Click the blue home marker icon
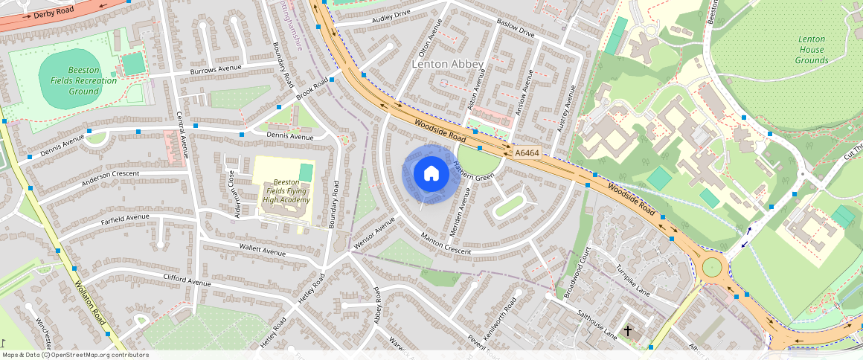tap(431, 174)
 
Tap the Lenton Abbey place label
tap(447, 65)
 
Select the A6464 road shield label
tap(527, 153)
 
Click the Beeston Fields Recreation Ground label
tap(83, 80)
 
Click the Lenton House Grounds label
tap(811, 50)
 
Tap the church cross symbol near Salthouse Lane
tap(627, 330)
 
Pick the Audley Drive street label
tap(391, 15)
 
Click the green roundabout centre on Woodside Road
tap(712, 266)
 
